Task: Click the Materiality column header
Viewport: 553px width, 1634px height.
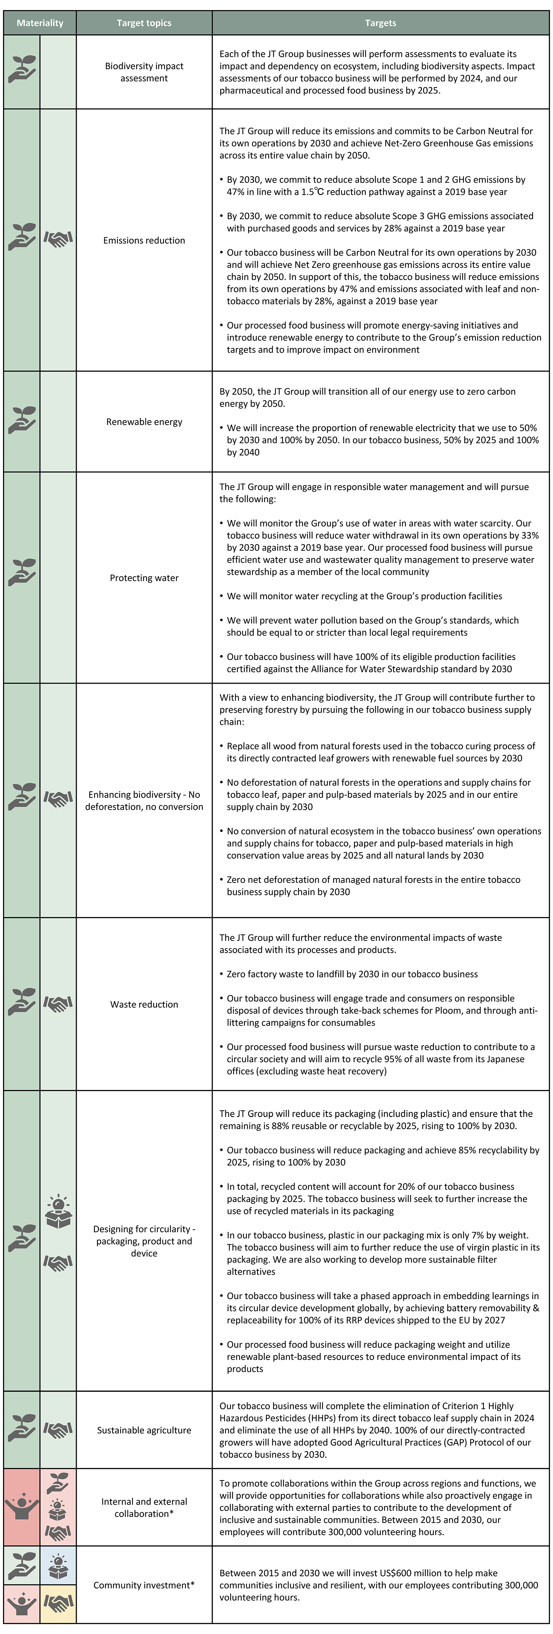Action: [x=40, y=23]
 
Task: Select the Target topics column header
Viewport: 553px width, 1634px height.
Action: [x=144, y=23]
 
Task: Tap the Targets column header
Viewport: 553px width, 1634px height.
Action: [x=381, y=23]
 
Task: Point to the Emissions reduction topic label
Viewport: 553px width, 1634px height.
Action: [x=144, y=240]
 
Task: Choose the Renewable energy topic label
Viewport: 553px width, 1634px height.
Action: [x=144, y=422]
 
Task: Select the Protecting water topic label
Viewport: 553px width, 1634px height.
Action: [x=144, y=578]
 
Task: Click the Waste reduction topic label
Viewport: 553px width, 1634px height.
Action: [x=144, y=1004]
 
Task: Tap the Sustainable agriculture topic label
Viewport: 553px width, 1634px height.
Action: [x=144, y=1430]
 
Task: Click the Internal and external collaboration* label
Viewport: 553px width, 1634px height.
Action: [x=144, y=1507]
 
